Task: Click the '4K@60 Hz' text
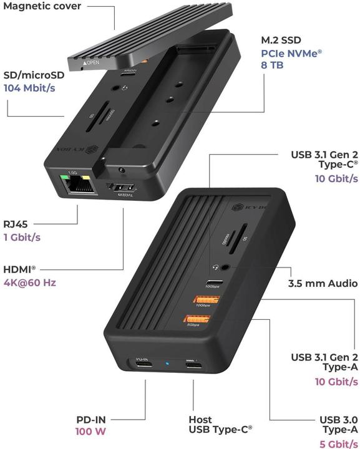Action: (30, 282)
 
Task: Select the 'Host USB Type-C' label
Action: (220, 425)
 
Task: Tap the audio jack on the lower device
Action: (218, 264)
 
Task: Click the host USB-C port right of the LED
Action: (192, 364)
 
